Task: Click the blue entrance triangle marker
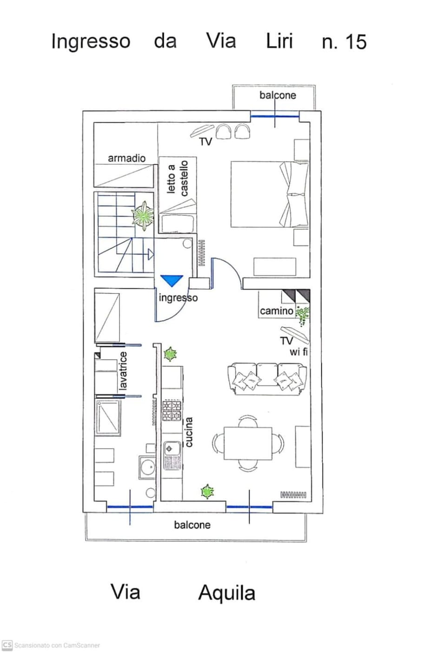(172, 280)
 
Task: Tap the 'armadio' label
(126, 158)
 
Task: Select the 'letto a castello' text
(177, 178)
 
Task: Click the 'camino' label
(276, 311)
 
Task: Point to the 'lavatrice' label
(123, 371)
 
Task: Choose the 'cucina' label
(189, 432)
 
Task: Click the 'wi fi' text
(298, 352)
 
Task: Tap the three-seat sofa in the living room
(267, 379)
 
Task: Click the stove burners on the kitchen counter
(172, 410)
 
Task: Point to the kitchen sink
(172, 455)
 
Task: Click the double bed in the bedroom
(270, 194)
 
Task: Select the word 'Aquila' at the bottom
(227, 593)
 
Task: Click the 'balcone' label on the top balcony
(278, 95)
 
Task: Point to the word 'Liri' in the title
(279, 41)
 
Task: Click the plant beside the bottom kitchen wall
(207, 491)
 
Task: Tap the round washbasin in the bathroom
(147, 467)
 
